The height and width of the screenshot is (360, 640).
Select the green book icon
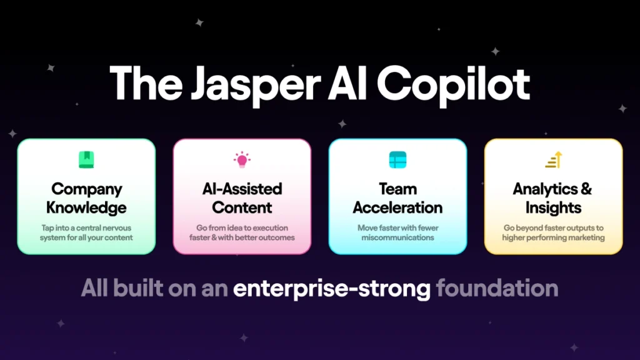click(x=86, y=159)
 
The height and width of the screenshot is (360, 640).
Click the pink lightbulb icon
click(x=242, y=159)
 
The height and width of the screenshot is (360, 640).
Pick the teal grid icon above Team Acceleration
click(x=398, y=159)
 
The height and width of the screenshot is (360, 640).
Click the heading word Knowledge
click(x=86, y=207)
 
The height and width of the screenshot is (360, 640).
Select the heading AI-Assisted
click(x=242, y=189)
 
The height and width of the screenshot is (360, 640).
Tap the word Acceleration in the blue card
click(x=397, y=207)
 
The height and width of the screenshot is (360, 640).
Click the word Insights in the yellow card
click(x=554, y=208)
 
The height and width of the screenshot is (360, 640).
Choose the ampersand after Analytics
click(x=586, y=189)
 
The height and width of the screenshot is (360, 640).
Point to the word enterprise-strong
click(x=332, y=289)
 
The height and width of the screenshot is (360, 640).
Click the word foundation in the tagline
click(x=497, y=288)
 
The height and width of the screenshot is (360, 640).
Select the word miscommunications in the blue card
click(x=397, y=237)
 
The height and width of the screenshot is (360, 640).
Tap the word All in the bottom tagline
click(x=94, y=288)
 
